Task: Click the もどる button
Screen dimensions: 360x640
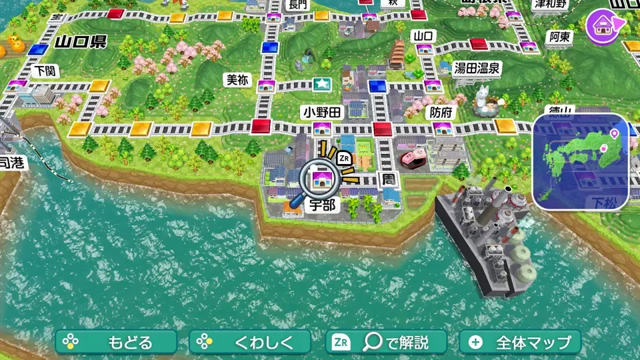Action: point(116,343)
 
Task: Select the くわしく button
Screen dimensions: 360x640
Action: point(250,343)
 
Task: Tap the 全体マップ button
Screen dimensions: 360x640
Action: point(520,343)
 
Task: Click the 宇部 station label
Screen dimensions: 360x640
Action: point(321,205)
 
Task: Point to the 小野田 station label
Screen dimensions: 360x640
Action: point(321,111)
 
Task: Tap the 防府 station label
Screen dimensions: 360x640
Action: point(439,113)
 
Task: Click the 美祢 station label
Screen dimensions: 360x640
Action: point(237,80)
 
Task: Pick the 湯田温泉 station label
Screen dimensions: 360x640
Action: point(477,68)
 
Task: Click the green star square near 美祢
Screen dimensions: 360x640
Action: point(323,85)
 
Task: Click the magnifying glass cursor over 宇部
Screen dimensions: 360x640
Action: point(319,179)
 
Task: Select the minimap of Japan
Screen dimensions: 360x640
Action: point(580,161)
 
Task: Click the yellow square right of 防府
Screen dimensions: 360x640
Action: point(505,125)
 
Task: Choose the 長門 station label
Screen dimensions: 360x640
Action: point(297,5)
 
